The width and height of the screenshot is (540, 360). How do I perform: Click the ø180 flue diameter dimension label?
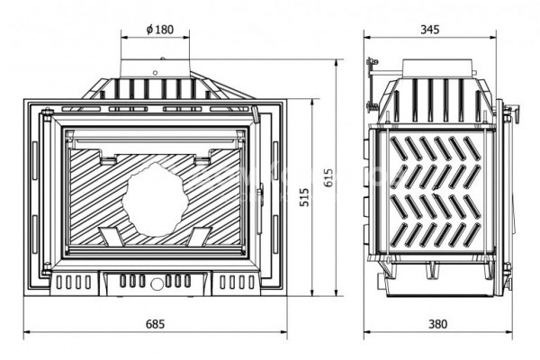point(160,30)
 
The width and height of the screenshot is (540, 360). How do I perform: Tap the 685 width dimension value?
point(156,324)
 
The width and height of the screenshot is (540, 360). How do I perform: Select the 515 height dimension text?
point(304,197)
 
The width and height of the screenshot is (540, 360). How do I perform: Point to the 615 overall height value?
point(328,177)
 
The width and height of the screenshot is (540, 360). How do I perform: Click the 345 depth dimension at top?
point(430,30)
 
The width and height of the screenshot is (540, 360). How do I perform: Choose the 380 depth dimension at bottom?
point(437,324)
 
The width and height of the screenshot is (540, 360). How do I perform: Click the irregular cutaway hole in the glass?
point(155,200)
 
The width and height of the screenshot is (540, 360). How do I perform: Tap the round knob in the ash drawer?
point(157,283)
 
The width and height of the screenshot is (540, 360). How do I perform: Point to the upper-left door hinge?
point(47,114)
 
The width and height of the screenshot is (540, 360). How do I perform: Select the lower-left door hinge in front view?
point(47,269)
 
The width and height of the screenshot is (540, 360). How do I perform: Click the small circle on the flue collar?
point(156,73)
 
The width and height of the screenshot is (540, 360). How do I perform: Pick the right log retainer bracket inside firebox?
point(199,237)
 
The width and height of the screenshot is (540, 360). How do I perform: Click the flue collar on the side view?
point(437,68)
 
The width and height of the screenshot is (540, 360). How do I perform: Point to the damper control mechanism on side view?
point(372,85)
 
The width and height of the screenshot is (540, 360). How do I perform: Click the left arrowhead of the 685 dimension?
point(26,332)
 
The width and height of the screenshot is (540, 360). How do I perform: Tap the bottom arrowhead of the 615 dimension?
point(337,292)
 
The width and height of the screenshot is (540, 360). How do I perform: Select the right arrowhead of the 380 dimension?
point(509,332)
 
